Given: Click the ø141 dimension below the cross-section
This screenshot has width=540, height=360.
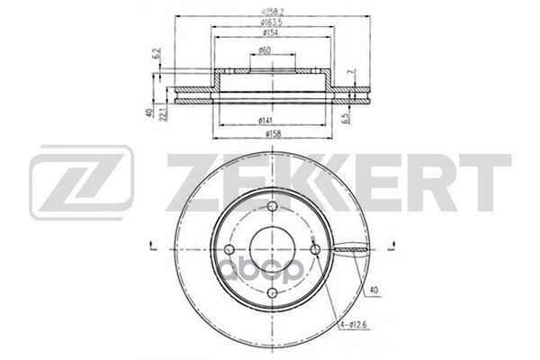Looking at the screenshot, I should point(266,120).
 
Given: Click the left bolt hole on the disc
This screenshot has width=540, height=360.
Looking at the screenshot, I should point(229,248).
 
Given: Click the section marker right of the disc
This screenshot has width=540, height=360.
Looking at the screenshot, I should point(392,243).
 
